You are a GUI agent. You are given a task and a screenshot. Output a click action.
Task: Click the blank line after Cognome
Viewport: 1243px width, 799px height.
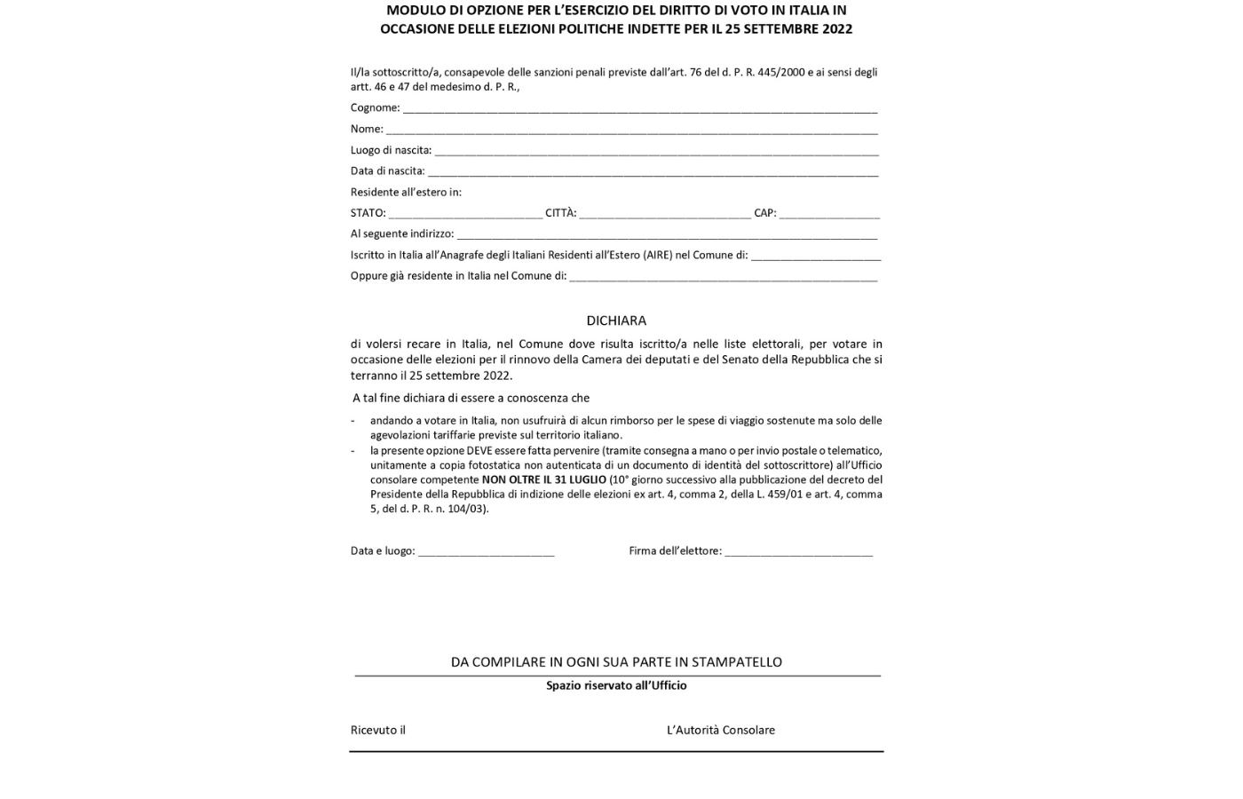639,109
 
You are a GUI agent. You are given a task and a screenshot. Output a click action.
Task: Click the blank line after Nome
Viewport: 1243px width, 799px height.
631,131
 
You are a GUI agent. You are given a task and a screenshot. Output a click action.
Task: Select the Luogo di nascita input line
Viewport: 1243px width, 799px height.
656,152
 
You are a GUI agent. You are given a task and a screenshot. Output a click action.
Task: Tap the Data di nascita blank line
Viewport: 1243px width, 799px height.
653,172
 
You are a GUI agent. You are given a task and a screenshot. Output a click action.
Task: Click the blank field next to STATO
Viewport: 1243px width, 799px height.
465,214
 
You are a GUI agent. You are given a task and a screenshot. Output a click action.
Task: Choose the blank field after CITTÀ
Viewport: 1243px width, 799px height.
665,214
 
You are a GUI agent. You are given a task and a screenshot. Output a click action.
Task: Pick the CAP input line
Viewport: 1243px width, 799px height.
829,214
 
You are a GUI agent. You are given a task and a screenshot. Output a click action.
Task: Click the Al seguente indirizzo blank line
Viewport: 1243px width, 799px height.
667,235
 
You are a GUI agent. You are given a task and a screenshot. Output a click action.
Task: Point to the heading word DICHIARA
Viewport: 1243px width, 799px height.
616,320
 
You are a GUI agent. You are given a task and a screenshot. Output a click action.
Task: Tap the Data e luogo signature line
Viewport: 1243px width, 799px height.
486,552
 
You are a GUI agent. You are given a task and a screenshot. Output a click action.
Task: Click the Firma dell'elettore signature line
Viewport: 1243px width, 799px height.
798,552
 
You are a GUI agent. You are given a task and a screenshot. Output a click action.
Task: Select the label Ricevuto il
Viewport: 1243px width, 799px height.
378,730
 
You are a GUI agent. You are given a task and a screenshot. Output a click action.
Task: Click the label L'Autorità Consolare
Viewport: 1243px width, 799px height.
721,730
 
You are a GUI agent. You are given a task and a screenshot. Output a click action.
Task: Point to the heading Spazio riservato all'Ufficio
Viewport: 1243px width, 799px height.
616,685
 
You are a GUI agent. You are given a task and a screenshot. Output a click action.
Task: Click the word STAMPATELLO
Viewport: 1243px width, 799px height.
737,661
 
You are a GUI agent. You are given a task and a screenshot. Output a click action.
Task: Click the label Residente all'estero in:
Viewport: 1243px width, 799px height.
406,192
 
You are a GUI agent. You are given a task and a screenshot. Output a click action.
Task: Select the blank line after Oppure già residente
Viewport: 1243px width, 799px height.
723,277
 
